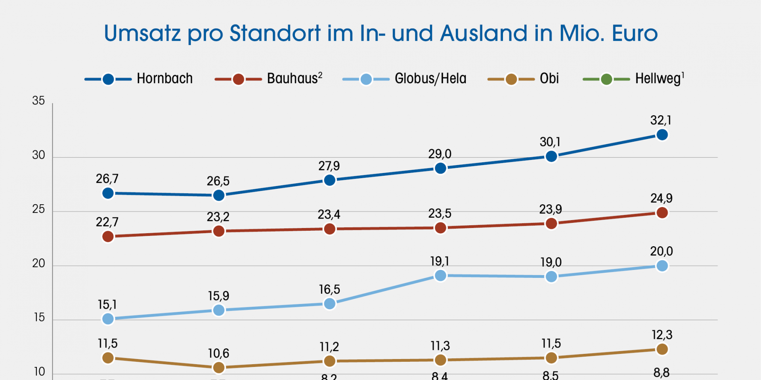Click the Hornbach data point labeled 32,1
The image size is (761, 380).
(662, 135)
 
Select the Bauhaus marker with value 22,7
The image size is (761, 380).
(108, 236)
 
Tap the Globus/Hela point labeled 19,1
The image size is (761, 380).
(440, 275)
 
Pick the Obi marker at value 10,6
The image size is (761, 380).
(219, 368)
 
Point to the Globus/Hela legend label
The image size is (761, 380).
(430, 79)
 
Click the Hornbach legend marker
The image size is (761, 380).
(108, 80)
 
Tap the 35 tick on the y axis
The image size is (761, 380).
(38, 101)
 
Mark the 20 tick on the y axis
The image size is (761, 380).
(38, 264)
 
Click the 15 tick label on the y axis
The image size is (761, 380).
(39, 318)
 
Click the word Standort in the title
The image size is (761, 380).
(275, 33)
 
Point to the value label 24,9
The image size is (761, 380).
(661, 198)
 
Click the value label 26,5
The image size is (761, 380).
(218, 181)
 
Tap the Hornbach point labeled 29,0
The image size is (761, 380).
(440, 169)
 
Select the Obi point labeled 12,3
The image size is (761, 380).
(662, 349)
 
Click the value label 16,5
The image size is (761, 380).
(329, 290)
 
